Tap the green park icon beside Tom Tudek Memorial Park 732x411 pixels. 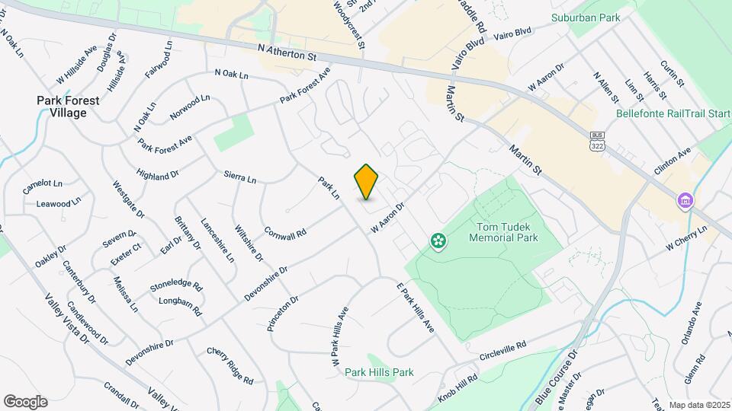(438, 241)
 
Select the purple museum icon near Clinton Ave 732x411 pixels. (685, 200)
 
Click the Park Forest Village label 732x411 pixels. (62, 106)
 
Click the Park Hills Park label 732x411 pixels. (379, 372)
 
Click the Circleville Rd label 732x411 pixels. (503, 351)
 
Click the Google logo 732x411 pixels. (25, 401)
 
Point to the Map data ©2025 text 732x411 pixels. (699, 405)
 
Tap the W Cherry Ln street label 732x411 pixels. (686, 237)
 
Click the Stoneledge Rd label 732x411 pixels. (176, 286)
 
